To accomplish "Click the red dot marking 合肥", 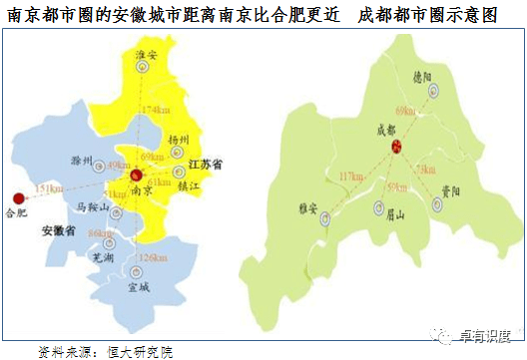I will click(16, 196).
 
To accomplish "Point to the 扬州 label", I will click(181, 140).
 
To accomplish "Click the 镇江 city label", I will click(189, 184).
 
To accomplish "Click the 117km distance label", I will click(351, 177).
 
